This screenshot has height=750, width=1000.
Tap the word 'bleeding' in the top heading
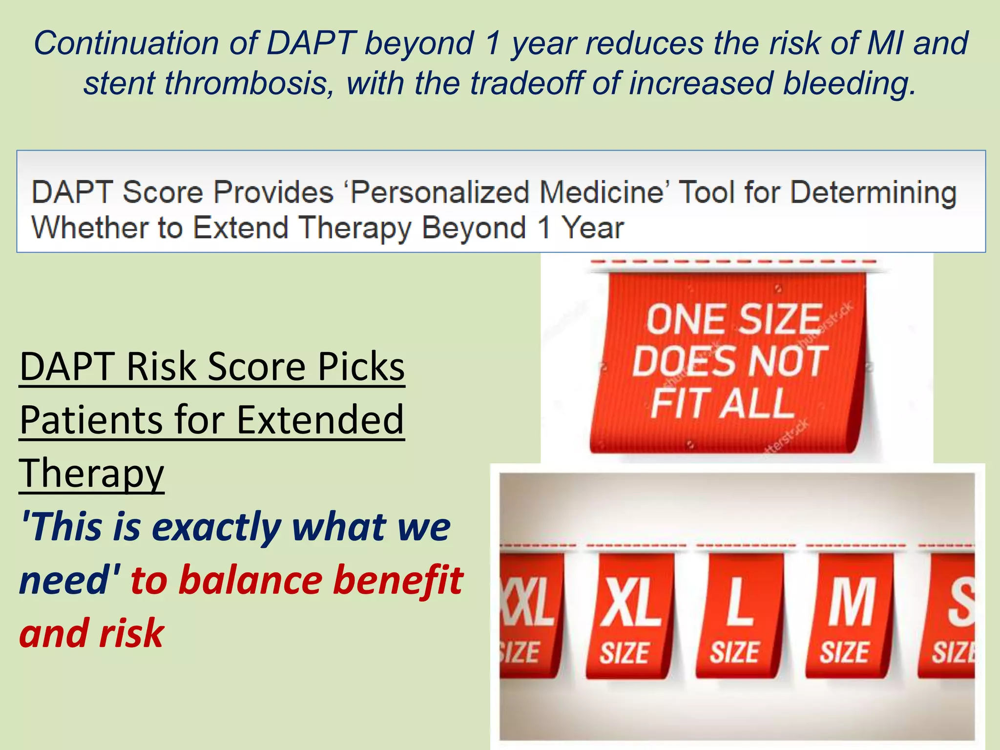tap(849, 83)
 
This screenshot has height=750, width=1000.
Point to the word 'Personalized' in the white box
tap(439, 192)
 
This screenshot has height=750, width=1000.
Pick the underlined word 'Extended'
tap(320, 420)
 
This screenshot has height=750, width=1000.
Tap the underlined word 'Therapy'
tap(92, 474)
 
